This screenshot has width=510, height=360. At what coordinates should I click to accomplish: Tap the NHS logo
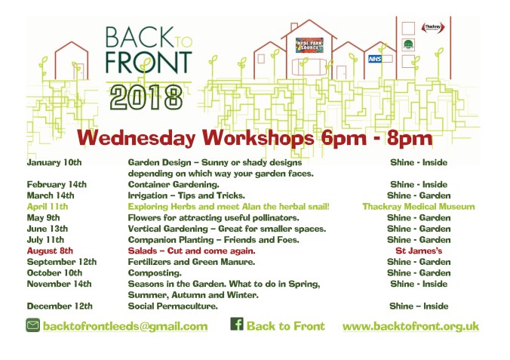coord(374,58)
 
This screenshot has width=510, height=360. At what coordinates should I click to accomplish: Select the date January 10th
coord(54,162)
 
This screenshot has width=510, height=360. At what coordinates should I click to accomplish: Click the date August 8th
coord(50,251)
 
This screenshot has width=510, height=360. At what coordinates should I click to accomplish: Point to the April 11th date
coord(48,206)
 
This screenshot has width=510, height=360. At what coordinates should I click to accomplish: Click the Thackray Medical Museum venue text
coord(418,206)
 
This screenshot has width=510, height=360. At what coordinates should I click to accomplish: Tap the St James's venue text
coord(418,251)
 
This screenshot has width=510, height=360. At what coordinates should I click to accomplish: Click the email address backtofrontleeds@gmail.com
coord(125,326)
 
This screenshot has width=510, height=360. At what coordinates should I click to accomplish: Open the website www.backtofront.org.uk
coord(410,326)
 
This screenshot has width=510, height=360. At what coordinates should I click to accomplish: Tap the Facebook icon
coord(236,325)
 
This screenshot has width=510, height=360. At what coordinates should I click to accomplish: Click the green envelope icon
coord(32,326)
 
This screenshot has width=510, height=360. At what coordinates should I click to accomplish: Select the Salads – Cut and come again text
coord(192,251)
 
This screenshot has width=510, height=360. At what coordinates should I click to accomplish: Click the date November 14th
coord(59,284)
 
